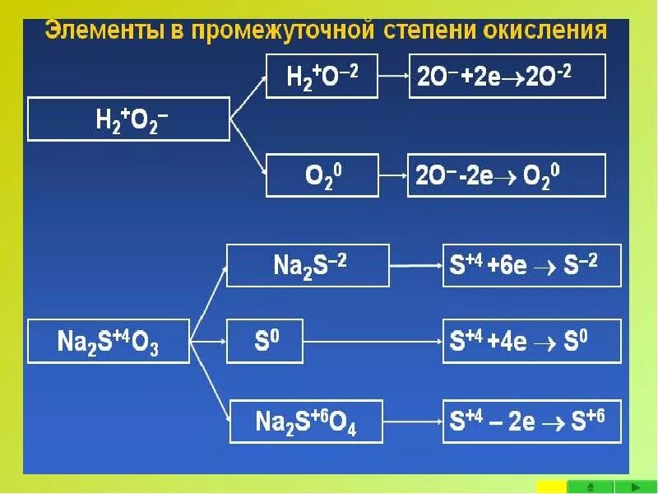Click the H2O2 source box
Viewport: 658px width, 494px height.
[x=128, y=119]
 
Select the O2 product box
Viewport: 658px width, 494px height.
[x=322, y=175]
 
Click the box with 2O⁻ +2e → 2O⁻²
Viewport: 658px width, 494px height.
[x=507, y=76]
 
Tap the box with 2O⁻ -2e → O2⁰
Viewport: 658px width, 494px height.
[x=507, y=175]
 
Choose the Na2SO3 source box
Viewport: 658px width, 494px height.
[x=109, y=341]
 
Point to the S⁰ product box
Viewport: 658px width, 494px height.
[x=264, y=340]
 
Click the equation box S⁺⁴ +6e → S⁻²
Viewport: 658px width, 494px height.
[x=531, y=265]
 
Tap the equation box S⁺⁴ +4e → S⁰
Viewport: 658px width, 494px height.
[x=531, y=339]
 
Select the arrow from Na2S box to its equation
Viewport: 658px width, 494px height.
[x=415, y=266]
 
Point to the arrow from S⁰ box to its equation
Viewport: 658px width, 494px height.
[x=372, y=340]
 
